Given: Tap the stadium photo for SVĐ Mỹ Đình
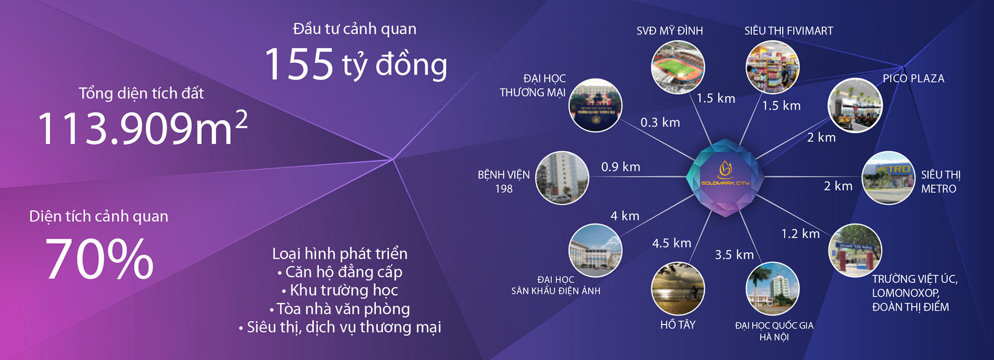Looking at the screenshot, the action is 678,67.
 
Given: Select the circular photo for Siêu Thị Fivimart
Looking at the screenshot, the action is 772,67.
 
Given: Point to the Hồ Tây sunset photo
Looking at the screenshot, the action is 678,289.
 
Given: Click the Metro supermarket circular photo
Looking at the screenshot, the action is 888,178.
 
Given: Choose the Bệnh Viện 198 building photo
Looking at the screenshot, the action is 562,178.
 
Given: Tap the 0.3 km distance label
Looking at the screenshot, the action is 660,122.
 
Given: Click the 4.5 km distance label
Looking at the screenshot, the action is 672,243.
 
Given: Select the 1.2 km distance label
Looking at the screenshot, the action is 800,233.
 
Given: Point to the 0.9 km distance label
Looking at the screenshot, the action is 620,167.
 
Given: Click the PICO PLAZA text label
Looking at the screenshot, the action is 913,78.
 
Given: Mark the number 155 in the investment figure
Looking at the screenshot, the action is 299,64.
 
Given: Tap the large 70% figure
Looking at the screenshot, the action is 99,259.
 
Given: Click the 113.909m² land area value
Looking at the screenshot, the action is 142,128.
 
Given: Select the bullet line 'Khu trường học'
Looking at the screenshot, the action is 340,290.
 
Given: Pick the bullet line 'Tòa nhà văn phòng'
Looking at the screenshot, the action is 340,309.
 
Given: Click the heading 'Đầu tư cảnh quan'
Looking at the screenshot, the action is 355,29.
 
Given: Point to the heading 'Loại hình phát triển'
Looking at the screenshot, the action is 340,253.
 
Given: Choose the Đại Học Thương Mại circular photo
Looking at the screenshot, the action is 595,105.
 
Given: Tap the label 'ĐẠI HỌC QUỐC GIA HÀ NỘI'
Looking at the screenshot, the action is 774,331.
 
